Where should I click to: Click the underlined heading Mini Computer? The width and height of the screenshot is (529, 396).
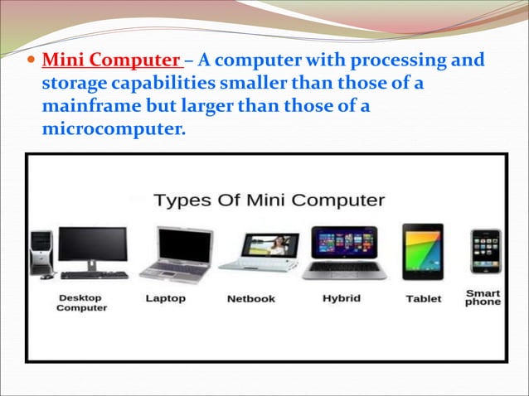pos(111,61)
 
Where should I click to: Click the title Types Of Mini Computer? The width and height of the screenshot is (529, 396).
pos(269,200)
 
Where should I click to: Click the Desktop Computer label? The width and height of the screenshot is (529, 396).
pos(81,302)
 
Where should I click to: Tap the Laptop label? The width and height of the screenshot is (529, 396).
pos(165,298)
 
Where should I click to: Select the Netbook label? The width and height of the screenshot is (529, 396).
pos(250,299)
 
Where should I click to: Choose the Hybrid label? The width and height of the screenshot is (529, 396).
pos(341,298)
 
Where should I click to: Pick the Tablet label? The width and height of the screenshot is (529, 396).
pos(423,299)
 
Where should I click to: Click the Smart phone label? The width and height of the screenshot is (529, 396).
pos(483,297)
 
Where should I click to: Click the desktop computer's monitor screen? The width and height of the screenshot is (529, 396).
pos(92,245)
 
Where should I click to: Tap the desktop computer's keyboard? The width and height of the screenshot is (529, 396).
pos(94,275)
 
